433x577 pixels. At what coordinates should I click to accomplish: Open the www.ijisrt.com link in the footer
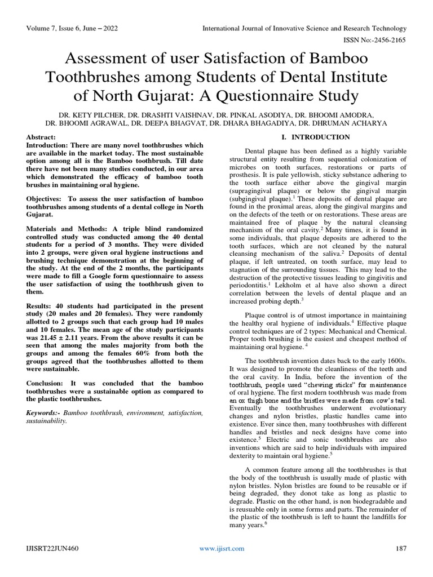pyautogui.click(x=223, y=548)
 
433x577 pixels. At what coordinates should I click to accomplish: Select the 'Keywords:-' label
pyautogui.click(x=44, y=413)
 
